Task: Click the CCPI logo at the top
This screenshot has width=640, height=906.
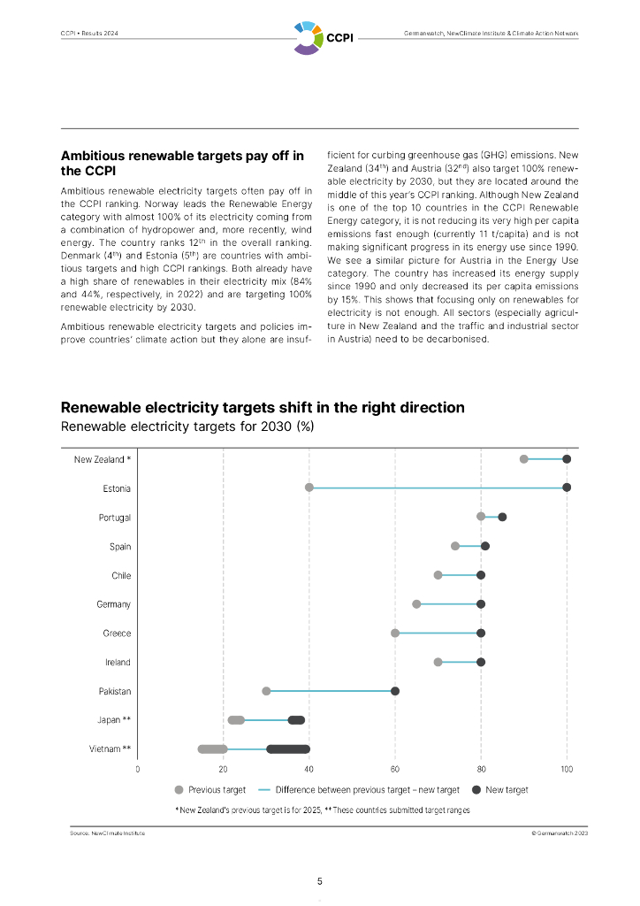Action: tap(319, 37)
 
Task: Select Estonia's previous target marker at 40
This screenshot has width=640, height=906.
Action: tap(309, 488)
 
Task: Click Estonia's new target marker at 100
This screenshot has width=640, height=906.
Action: tap(567, 488)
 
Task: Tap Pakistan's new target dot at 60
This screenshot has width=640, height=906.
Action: tap(395, 691)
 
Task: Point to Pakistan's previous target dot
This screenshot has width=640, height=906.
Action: tap(266, 691)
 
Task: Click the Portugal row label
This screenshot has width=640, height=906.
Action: tap(114, 518)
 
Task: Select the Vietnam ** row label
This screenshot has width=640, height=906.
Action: tap(110, 749)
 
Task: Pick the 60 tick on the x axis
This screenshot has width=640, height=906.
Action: tap(395, 768)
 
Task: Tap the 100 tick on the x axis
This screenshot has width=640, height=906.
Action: tap(567, 768)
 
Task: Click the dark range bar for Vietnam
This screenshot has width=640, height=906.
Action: tap(288, 749)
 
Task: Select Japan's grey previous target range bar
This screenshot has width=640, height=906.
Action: tap(236, 720)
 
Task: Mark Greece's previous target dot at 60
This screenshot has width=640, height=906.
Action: tap(395, 633)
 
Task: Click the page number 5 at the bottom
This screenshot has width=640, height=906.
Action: tap(320, 881)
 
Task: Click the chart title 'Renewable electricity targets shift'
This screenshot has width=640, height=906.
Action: tap(263, 408)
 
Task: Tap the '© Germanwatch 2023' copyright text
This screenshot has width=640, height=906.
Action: tap(555, 833)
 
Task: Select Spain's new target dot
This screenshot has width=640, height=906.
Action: tap(485, 546)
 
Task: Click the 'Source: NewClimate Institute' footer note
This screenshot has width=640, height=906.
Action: tap(108, 833)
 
